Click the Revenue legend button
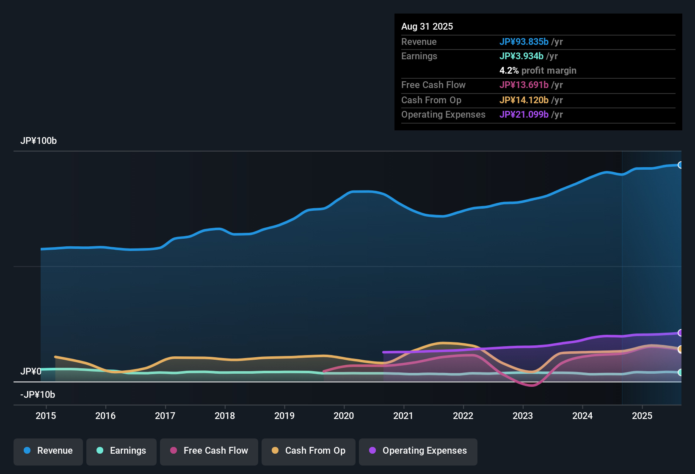(x=48, y=451)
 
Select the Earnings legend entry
(x=121, y=451)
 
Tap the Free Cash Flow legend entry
(x=209, y=451)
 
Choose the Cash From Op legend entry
(x=309, y=451)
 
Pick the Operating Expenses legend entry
(x=418, y=451)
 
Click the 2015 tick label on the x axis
(x=46, y=416)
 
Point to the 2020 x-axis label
(x=344, y=416)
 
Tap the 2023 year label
(x=523, y=416)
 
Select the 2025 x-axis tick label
(x=642, y=416)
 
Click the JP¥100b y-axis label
(x=39, y=141)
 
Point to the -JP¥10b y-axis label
(x=38, y=395)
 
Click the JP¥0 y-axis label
(x=30, y=372)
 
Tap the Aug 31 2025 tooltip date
(x=427, y=27)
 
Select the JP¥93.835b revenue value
(x=524, y=42)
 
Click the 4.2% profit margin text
(x=538, y=71)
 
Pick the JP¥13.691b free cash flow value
(x=524, y=85)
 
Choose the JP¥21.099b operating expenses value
(x=524, y=115)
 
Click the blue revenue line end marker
(x=680, y=165)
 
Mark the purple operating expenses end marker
(x=680, y=333)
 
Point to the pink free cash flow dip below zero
(x=532, y=385)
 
